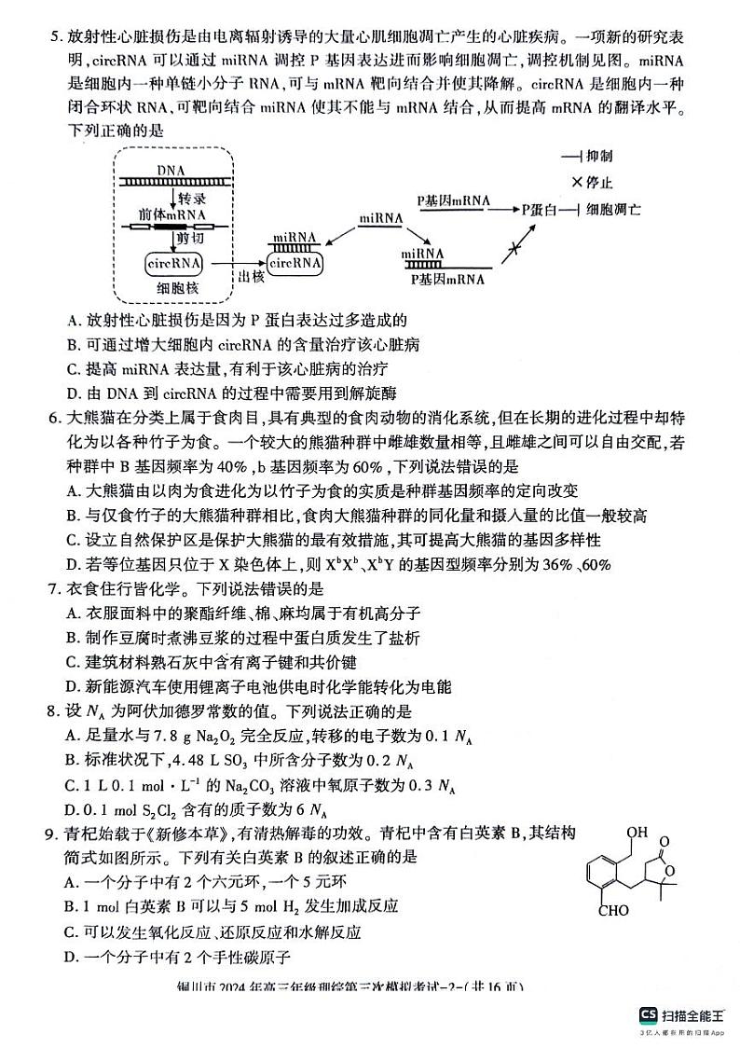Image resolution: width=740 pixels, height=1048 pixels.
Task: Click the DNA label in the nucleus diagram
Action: point(171,170)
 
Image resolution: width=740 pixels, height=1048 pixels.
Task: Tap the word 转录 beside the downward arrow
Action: point(191,199)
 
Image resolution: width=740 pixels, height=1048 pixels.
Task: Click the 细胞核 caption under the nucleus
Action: point(175,289)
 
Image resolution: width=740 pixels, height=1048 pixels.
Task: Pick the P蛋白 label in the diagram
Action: point(538,210)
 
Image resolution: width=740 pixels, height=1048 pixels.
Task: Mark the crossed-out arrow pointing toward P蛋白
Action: point(510,250)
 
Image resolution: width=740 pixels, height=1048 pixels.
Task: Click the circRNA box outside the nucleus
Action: point(295,264)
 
